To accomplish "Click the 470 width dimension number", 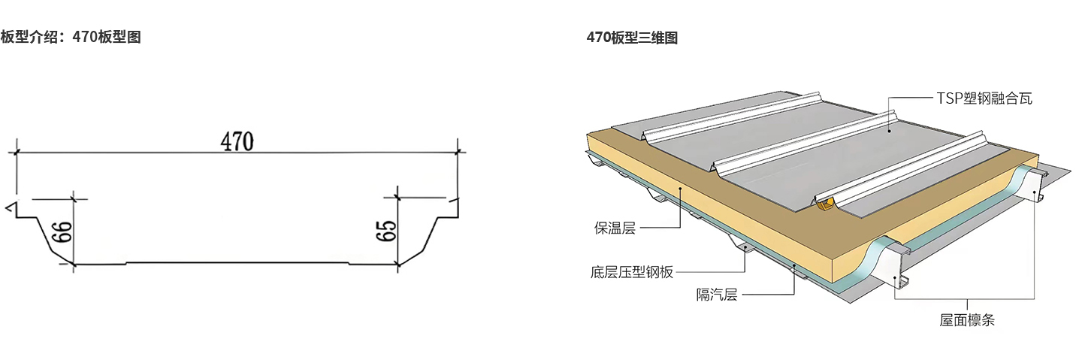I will [x=237, y=141].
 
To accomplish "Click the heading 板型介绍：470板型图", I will [x=71, y=37].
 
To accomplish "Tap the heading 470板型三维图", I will [x=632, y=38].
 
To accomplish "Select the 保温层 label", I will [x=615, y=228].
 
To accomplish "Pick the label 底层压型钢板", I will [x=632, y=273].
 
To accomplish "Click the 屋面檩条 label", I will [x=966, y=320].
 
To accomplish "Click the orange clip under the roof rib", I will [x=827, y=201].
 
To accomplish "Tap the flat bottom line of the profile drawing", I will [x=237, y=263].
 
